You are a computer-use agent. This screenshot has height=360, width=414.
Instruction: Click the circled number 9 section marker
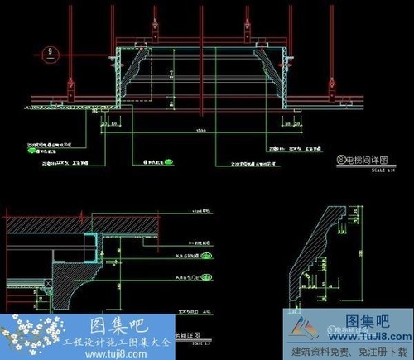click(50, 55)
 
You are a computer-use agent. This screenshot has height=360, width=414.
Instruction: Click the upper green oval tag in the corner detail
click(206, 257)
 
